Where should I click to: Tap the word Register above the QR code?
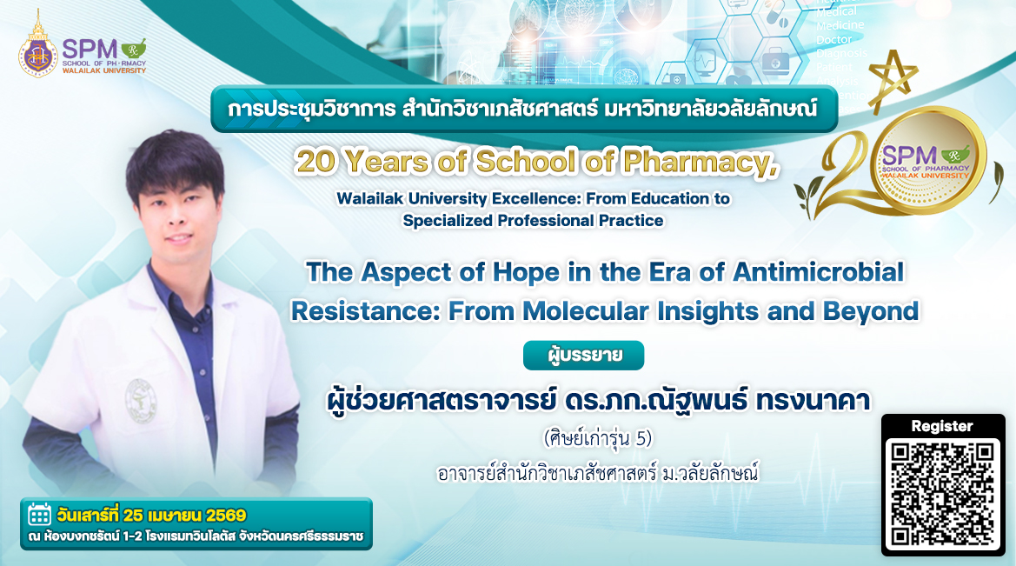(942, 426)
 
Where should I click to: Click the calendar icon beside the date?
(39, 515)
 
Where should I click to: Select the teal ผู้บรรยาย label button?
(584, 356)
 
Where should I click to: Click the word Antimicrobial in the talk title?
(818, 271)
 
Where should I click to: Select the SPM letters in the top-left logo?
(90, 49)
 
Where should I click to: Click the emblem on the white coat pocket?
(140, 400)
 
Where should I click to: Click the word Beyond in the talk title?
(871, 311)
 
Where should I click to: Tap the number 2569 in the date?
(226, 516)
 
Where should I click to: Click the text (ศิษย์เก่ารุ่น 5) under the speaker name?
(597, 439)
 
